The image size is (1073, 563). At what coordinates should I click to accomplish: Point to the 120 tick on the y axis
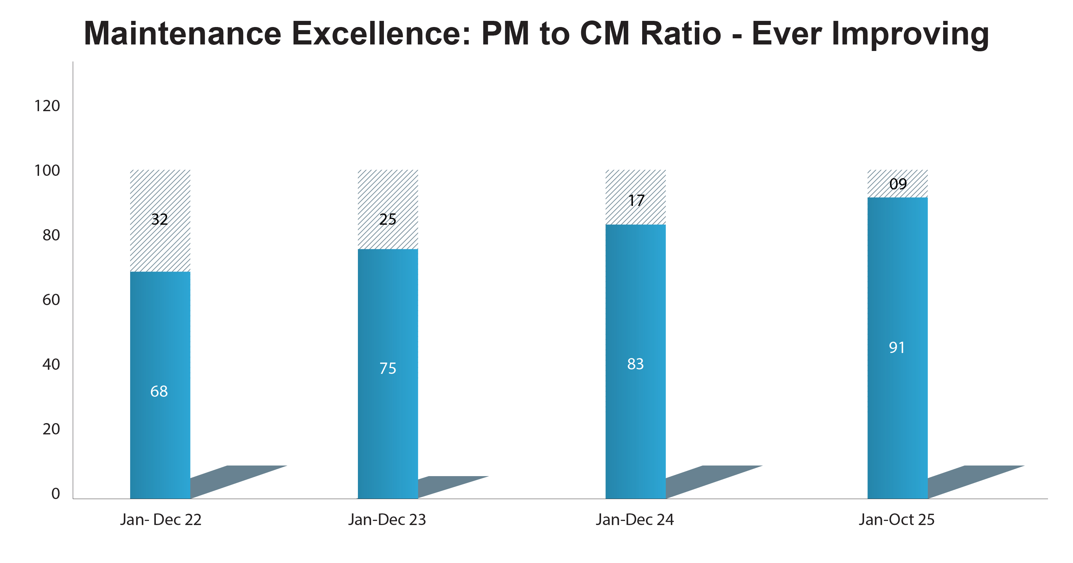pyautogui.click(x=47, y=106)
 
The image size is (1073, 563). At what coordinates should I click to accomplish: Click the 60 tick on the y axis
pyautogui.click(x=51, y=300)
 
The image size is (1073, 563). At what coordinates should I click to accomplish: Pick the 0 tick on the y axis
pyautogui.click(x=56, y=494)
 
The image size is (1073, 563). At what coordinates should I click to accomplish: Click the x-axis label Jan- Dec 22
pyautogui.click(x=161, y=520)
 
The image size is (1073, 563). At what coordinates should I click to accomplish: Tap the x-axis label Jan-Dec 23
pyautogui.click(x=387, y=520)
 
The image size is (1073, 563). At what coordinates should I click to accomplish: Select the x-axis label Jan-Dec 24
pyautogui.click(x=634, y=520)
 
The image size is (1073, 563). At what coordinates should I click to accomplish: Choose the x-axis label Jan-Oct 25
pyautogui.click(x=896, y=520)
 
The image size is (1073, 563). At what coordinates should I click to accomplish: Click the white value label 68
pyautogui.click(x=159, y=392)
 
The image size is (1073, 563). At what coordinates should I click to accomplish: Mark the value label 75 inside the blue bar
pyautogui.click(x=387, y=369)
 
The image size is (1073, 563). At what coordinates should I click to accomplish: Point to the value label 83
pyautogui.click(x=635, y=364)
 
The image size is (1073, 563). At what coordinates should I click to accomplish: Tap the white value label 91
pyautogui.click(x=897, y=348)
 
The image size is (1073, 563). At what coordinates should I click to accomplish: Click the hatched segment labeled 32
pyautogui.click(x=160, y=241)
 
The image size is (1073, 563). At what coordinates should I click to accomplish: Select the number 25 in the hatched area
pyautogui.click(x=387, y=219)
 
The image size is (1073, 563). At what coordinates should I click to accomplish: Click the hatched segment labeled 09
pyautogui.click(x=898, y=184)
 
